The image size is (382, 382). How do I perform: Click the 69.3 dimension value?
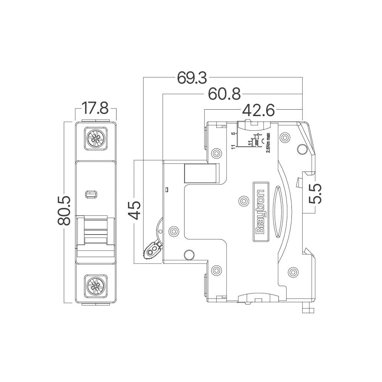click(192, 78)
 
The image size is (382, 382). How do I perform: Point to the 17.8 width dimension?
click(95, 109)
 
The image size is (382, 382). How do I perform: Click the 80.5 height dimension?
click(65, 211)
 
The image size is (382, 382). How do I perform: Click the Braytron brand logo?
click(260, 212)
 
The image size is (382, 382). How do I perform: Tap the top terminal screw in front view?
click(95, 138)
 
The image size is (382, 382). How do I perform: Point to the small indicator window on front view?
click(91, 194)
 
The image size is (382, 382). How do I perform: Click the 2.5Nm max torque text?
click(268, 142)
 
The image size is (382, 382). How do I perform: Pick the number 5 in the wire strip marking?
click(233, 134)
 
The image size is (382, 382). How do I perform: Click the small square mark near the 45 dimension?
click(167, 189)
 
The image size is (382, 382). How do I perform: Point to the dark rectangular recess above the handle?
click(202, 173)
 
